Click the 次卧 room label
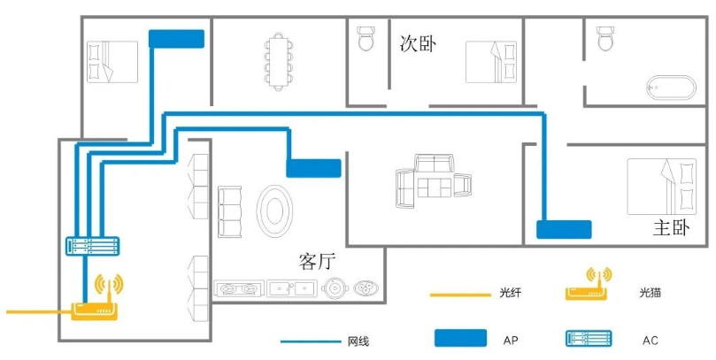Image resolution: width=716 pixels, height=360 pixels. tap(418, 44)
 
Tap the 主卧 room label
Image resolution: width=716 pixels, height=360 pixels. tap(671, 228)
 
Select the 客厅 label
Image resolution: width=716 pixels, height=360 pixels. tap(318, 262)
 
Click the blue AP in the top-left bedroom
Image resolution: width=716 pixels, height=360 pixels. tap(176, 39)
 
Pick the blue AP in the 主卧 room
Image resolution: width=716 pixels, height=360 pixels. tap(564, 229)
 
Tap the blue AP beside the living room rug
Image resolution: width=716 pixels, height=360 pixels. tap(313, 168)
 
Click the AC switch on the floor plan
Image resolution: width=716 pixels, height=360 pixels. tap(93, 246)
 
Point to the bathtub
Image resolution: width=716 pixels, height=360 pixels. tap(671, 88)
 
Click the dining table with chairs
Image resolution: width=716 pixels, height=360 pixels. tap(278, 62)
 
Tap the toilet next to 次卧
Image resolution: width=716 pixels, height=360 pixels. tap(366, 38)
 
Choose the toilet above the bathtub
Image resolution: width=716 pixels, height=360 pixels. tap(605, 38)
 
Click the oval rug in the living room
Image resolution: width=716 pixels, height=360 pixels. tap(274, 211)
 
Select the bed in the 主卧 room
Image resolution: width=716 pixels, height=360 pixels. tap(662, 186)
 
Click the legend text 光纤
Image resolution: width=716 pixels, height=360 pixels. tap(510, 293)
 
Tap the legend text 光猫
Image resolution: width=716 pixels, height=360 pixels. tap(650, 293)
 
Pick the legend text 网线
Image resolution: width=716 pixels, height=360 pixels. tap(358, 341)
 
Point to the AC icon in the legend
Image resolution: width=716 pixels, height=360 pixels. tap(589, 339)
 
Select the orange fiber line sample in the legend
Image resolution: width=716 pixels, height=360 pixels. tap(460, 295)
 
